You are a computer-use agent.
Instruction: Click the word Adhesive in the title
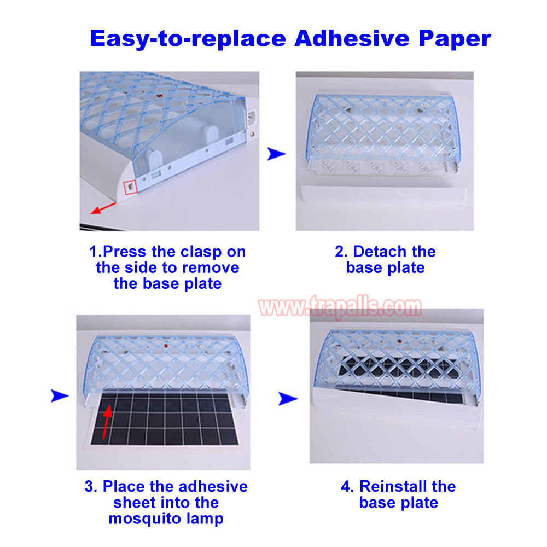point(352,38)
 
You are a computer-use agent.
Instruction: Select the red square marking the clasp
point(131,187)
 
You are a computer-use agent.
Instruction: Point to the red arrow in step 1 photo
point(103,208)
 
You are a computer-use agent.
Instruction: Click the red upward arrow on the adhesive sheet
point(107,421)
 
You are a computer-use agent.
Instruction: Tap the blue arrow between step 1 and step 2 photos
point(276,154)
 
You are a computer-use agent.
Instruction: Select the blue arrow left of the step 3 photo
point(60,395)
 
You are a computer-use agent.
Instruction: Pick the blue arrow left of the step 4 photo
point(288,399)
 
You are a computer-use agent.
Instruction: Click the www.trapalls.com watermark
point(340,307)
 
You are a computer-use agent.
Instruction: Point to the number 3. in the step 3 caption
point(91,486)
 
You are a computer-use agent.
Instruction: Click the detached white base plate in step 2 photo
point(383,195)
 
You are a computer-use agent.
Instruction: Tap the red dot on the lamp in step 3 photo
point(166,346)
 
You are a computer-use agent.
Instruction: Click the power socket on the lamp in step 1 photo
point(252,117)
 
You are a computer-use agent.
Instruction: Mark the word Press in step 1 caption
point(125,251)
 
